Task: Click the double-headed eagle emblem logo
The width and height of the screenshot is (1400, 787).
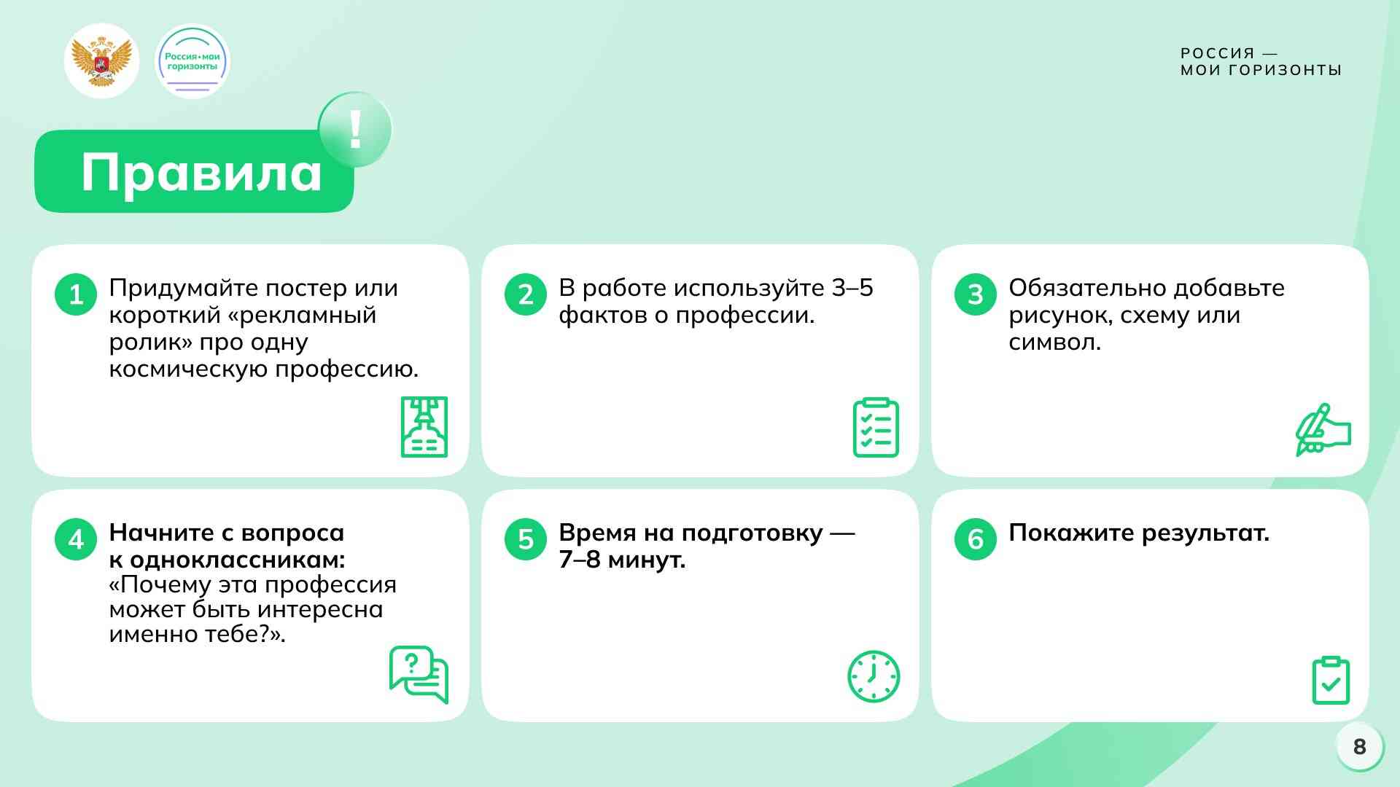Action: point(102,61)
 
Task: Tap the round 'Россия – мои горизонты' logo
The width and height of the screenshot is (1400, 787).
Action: point(192,61)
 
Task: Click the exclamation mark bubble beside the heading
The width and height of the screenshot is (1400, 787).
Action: point(355,130)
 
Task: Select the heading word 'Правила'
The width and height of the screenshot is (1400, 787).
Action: point(201,173)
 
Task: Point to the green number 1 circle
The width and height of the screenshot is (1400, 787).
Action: point(76,294)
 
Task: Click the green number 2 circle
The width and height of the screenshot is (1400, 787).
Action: point(526,294)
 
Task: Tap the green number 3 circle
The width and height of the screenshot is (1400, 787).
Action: point(976,294)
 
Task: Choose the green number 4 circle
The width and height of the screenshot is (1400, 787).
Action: point(76,539)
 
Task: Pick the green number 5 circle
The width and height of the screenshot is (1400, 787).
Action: point(526,539)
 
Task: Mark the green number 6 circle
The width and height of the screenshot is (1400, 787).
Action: point(976,539)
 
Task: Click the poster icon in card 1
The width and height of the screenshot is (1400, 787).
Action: point(424,427)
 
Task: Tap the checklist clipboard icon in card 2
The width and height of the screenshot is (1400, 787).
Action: point(876,427)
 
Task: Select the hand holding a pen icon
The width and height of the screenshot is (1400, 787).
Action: point(1323,430)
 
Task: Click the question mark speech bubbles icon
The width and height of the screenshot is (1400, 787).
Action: point(419,675)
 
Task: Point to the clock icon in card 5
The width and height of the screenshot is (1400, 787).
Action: point(874,676)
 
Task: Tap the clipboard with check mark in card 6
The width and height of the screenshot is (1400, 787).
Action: point(1331,680)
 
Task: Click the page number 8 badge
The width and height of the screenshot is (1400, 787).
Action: point(1360,747)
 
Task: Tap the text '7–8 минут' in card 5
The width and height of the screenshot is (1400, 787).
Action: point(622,560)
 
